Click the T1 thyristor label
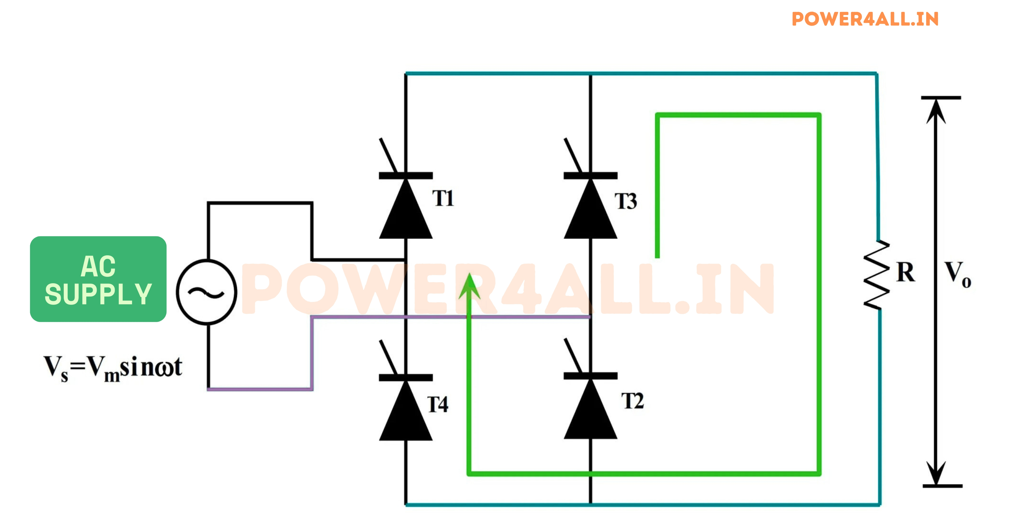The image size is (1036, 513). (x=443, y=198)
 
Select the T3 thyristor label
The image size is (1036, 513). (x=626, y=201)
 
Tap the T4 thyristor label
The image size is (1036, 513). (x=438, y=404)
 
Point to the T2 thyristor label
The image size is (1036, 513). (x=632, y=401)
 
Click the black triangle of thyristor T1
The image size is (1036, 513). (x=406, y=213)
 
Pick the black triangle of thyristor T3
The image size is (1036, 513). (x=590, y=213)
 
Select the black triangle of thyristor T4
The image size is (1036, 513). (x=406, y=414)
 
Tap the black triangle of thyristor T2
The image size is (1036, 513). (x=590, y=414)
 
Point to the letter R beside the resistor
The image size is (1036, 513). (x=906, y=273)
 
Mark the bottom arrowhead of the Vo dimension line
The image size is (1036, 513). (x=936, y=474)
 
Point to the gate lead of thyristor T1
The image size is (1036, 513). (x=388, y=155)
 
